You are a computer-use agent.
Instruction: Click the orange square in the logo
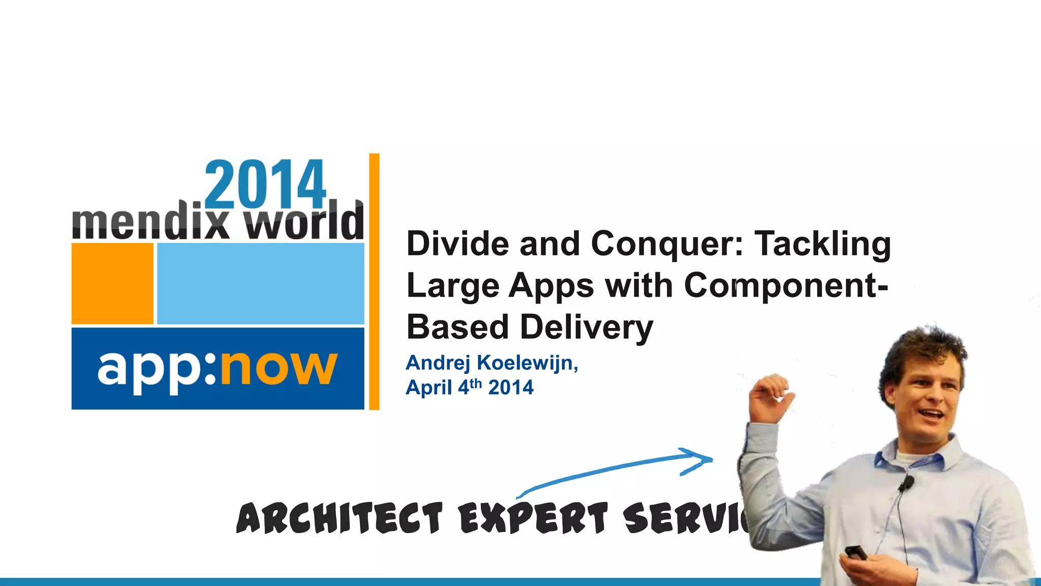pyautogui.click(x=112, y=283)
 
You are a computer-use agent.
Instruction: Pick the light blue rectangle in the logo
pyautogui.click(x=261, y=283)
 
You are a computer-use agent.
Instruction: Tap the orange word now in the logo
pyautogui.click(x=279, y=368)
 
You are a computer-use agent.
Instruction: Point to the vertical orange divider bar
pyautogui.click(x=374, y=281)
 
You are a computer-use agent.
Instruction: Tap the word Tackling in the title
pyautogui.click(x=822, y=245)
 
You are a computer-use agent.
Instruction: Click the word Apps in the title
pyautogui.click(x=551, y=286)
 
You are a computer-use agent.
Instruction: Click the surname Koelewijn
pyautogui.click(x=527, y=363)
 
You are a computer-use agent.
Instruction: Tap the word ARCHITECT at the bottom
pyautogui.click(x=340, y=518)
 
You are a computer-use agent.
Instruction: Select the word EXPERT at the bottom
pyautogui.click(x=533, y=518)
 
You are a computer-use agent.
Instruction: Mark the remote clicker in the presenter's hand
pyautogui.click(x=856, y=552)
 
